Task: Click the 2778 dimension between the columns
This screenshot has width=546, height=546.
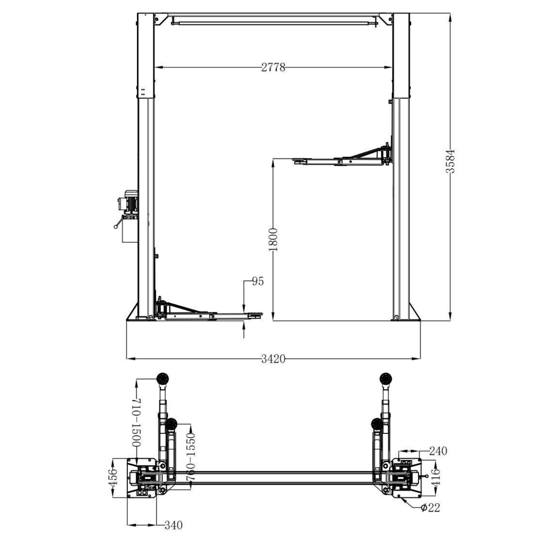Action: click(273, 67)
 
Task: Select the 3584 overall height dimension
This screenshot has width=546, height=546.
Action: click(451, 161)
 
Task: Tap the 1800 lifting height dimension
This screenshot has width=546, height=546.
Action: click(273, 239)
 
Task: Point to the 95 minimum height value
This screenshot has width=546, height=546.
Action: click(258, 281)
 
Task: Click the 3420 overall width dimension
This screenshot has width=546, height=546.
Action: click(273, 359)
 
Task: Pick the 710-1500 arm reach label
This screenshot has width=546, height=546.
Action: click(136, 422)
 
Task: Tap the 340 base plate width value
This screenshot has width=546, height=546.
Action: click(173, 525)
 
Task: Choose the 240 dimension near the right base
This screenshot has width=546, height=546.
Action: click(438, 451)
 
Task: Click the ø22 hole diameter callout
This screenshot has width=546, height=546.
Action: click(430, 507)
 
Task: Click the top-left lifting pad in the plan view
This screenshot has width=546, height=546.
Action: click(162, 379)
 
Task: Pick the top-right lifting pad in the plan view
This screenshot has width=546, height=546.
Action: click(385, 379)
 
